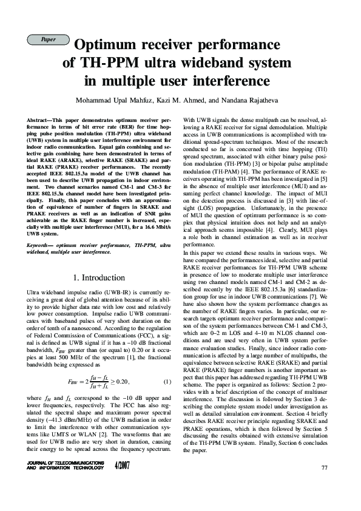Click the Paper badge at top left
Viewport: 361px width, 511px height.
(x=49, y=39)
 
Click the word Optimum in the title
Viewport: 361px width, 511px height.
(x=108, y=46)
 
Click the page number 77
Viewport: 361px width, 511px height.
(x=324, y=467)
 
